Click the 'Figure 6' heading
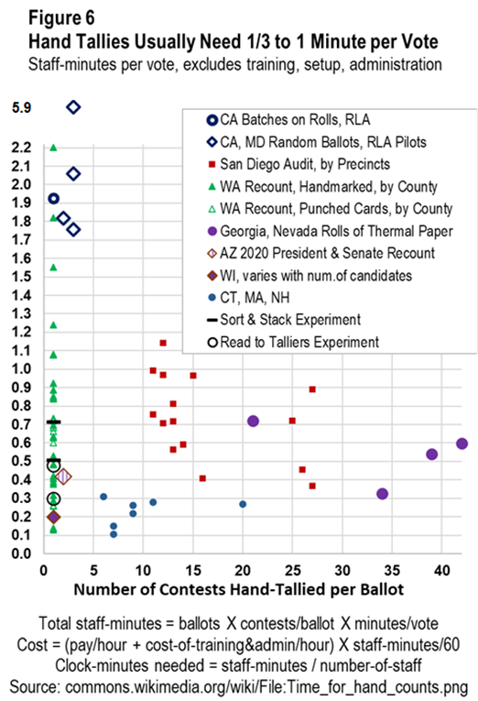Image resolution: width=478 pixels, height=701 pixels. click(61, 18)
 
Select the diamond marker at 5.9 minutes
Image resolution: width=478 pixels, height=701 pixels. click(73, 107)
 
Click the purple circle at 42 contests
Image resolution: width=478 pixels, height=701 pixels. click(462, 444)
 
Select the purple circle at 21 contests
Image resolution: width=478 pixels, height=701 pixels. click(253, 422)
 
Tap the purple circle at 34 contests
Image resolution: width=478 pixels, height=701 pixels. click(382, 494)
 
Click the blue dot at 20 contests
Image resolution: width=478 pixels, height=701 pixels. click(243, 504)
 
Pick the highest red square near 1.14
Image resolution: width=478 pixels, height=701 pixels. click(163, 343)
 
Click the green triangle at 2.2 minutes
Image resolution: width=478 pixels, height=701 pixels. click(53, 148)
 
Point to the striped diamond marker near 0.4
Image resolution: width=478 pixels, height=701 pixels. click(63, 477)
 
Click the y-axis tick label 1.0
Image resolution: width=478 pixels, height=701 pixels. click(21, 369)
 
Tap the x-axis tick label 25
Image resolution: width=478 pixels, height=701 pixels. click(293, 571)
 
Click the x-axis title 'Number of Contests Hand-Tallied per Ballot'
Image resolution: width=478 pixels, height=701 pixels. click(239, 590)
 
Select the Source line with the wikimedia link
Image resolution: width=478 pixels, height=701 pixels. click(239, 687)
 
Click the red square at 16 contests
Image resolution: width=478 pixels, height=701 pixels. click(202, 478)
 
